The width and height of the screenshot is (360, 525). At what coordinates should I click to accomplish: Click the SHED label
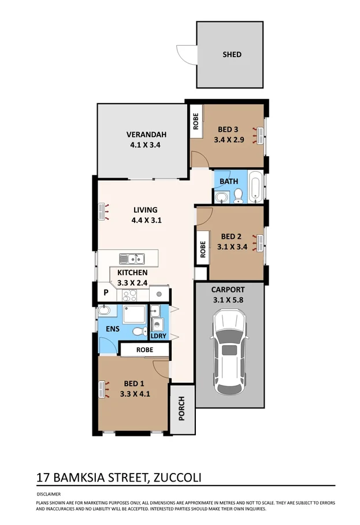[x=232, y=54]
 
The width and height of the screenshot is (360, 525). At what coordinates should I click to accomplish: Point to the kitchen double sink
[x=132, y=258]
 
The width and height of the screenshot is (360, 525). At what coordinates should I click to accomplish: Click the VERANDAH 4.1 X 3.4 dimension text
[x=143, y=146]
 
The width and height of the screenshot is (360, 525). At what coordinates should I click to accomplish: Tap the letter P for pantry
[x=106, y=293]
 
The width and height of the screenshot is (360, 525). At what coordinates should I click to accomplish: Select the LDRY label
[x=158, y=335]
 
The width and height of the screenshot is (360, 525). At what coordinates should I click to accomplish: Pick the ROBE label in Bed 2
[x=203, y=249]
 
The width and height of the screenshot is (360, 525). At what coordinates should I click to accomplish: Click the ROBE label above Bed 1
[x=144, y=350]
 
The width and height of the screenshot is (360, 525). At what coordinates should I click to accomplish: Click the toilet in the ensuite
[x=138, y=331]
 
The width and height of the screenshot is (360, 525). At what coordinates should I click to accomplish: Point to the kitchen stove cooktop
[x=129, y=296]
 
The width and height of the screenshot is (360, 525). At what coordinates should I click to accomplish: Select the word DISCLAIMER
[x=47, y=494]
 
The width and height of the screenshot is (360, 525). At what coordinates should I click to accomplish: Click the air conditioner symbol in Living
[x=105, y=212]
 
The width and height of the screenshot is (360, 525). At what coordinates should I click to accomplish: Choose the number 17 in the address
[x=42, y=478]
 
